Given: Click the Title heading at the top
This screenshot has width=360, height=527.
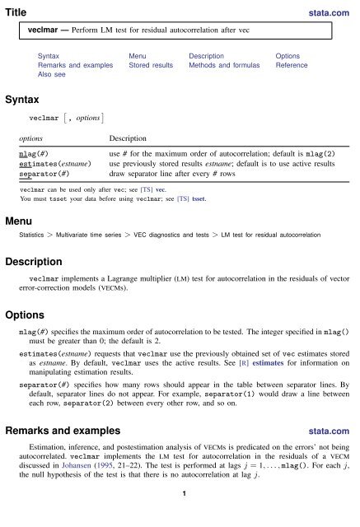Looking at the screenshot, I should tap(16, 12).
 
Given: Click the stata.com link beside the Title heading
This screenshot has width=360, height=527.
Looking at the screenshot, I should tap(334, 12).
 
